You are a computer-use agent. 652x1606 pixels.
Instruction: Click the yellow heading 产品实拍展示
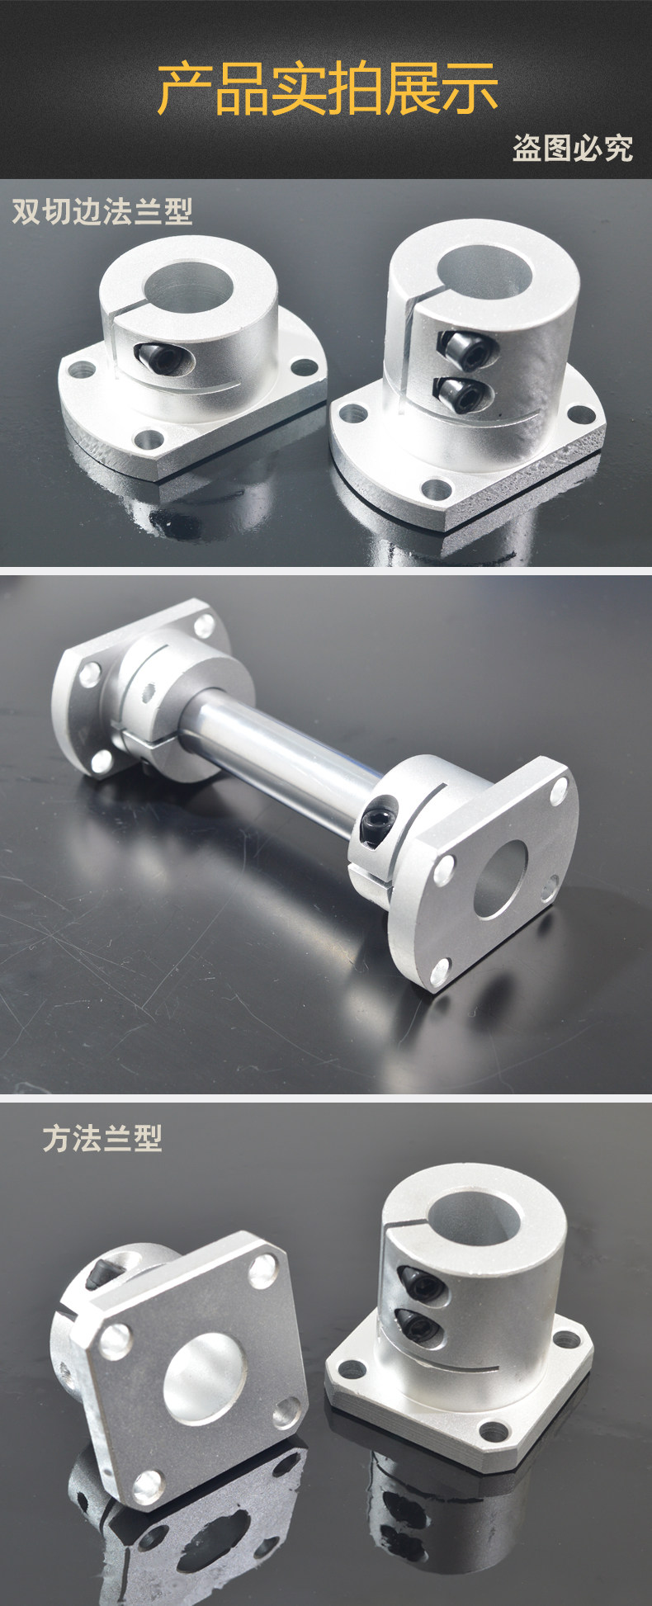[x=328, y=88]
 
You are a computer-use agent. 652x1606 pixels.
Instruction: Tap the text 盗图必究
[x=572, y=148]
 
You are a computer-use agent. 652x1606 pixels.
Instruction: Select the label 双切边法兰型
[x=102, y=211]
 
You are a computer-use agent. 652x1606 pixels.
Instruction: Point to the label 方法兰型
[x=102, y=1139]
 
